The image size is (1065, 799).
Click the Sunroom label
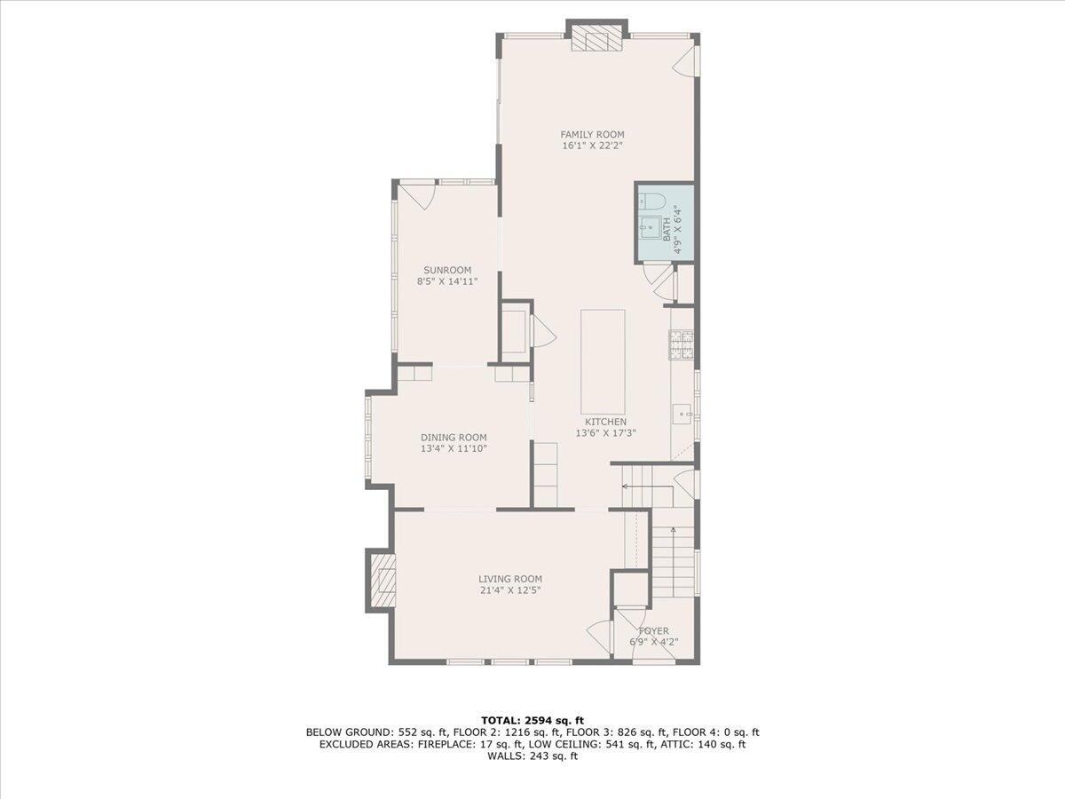[446, 270]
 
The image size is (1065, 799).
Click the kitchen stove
[682, 345]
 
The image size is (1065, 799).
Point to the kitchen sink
[682, 414]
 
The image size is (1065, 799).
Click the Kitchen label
[605, 422]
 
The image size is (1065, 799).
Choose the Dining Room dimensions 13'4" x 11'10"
[454, 448]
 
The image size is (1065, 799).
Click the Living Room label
[510, 579]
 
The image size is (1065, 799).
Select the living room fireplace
[382, 581]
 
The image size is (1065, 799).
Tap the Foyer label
[655, 631]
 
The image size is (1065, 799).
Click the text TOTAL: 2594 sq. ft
[532, 719]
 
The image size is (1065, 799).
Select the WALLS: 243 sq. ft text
[532, 756]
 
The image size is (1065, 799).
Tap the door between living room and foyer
[601, 637]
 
